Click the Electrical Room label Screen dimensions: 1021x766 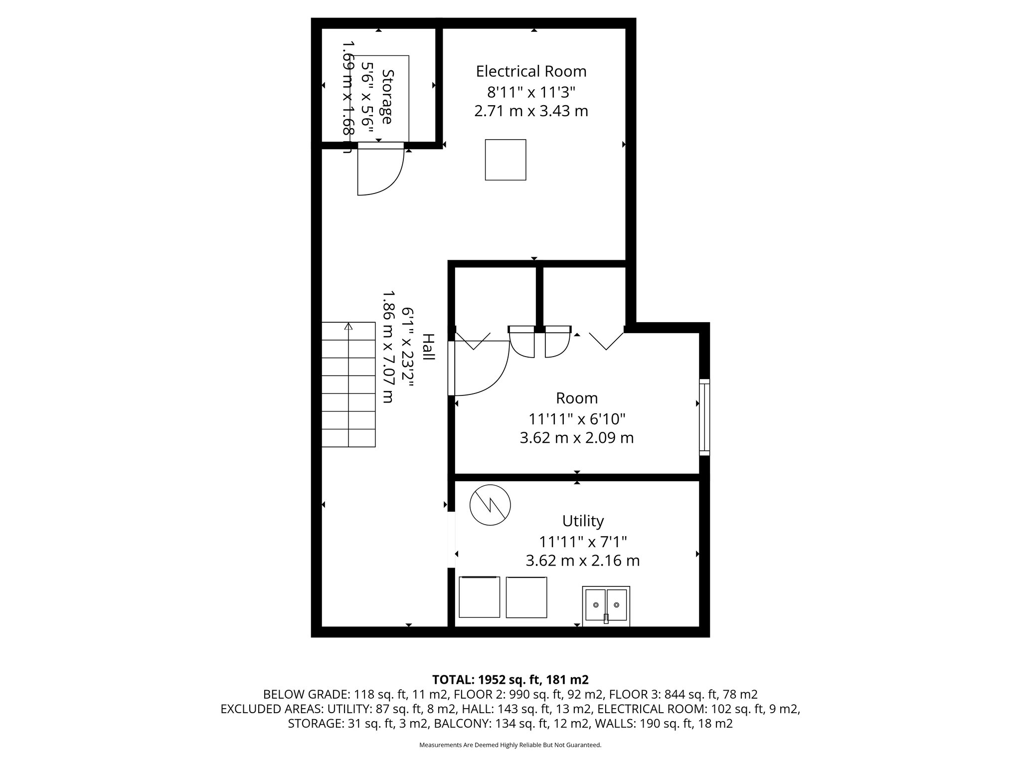click(531, 71)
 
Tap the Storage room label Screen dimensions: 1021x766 click(387, 96)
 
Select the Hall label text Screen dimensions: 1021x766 click(428, 347)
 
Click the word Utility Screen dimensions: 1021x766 click(583, 521)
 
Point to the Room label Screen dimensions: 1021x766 click(577, 398)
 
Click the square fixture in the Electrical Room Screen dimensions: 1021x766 click(506, 160)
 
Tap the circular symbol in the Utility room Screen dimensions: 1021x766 click(491, 505)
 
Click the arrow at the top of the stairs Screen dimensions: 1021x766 click(348, 326)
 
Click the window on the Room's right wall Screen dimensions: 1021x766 click(704, 417)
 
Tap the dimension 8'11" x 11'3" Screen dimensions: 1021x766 click(531, 92)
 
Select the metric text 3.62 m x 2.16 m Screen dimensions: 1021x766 click(583, 561)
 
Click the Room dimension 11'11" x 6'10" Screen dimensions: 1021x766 click(577, 418)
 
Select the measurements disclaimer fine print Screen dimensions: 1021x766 click(510, 745)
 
